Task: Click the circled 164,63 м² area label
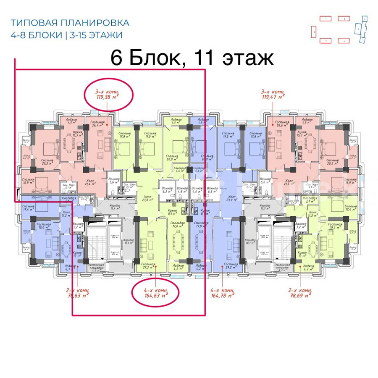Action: point(155,292)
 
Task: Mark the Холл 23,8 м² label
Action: point(147,198)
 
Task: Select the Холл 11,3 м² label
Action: point(312,215)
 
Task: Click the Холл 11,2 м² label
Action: point(66,215)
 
